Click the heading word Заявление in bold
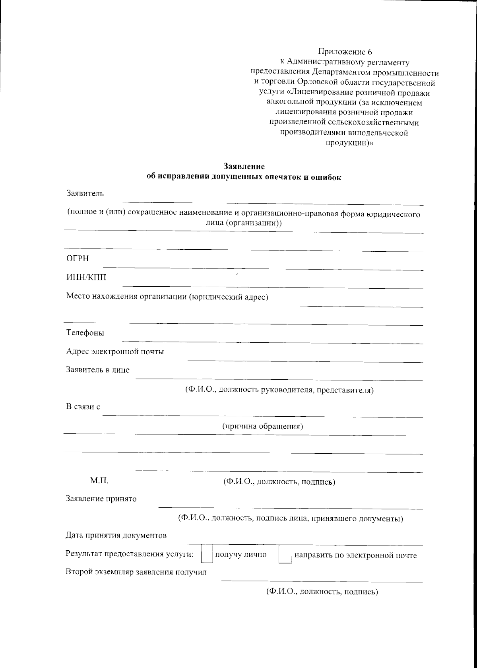[244, 166]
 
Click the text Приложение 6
[345, 52]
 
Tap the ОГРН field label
[78, 259]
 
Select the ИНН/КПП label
[86, 278]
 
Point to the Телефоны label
[85, 333]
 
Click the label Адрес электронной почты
[115, 351]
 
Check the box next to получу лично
[207, 555]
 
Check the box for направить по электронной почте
[285, 555]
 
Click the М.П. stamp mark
[99, 481]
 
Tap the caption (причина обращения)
[262, 426]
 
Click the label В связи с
[83, 407]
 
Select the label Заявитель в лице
[98, 370]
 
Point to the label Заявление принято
[101, 499]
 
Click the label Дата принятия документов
[116, 535]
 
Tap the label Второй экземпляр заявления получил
[136, 573]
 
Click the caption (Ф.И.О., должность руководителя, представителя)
[279, 390]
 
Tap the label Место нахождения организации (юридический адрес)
[167, 297]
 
